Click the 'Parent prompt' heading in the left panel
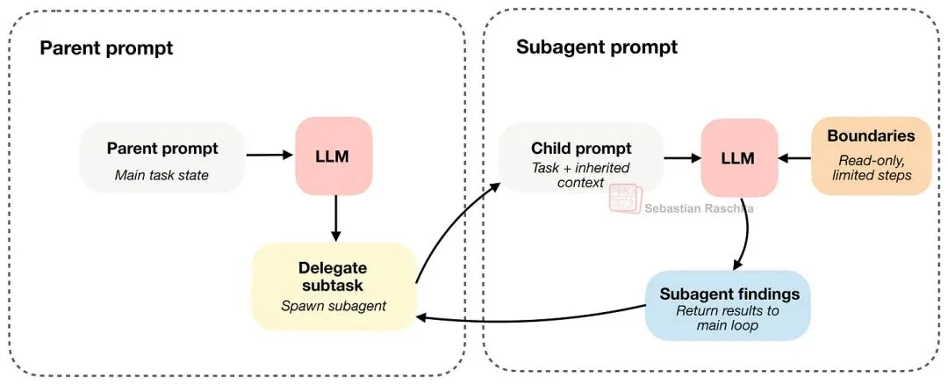point(106,47)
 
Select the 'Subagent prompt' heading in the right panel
point(596,47)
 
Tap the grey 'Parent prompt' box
point(162,158)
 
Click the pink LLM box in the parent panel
point(334,156)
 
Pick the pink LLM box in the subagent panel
point(739,156)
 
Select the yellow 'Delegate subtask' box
point(334,287)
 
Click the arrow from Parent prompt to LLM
point(269,156)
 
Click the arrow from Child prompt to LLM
point(681,158)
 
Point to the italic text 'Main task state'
point(162,175)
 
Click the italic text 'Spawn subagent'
point(333,306)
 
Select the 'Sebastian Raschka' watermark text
point(699,209)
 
